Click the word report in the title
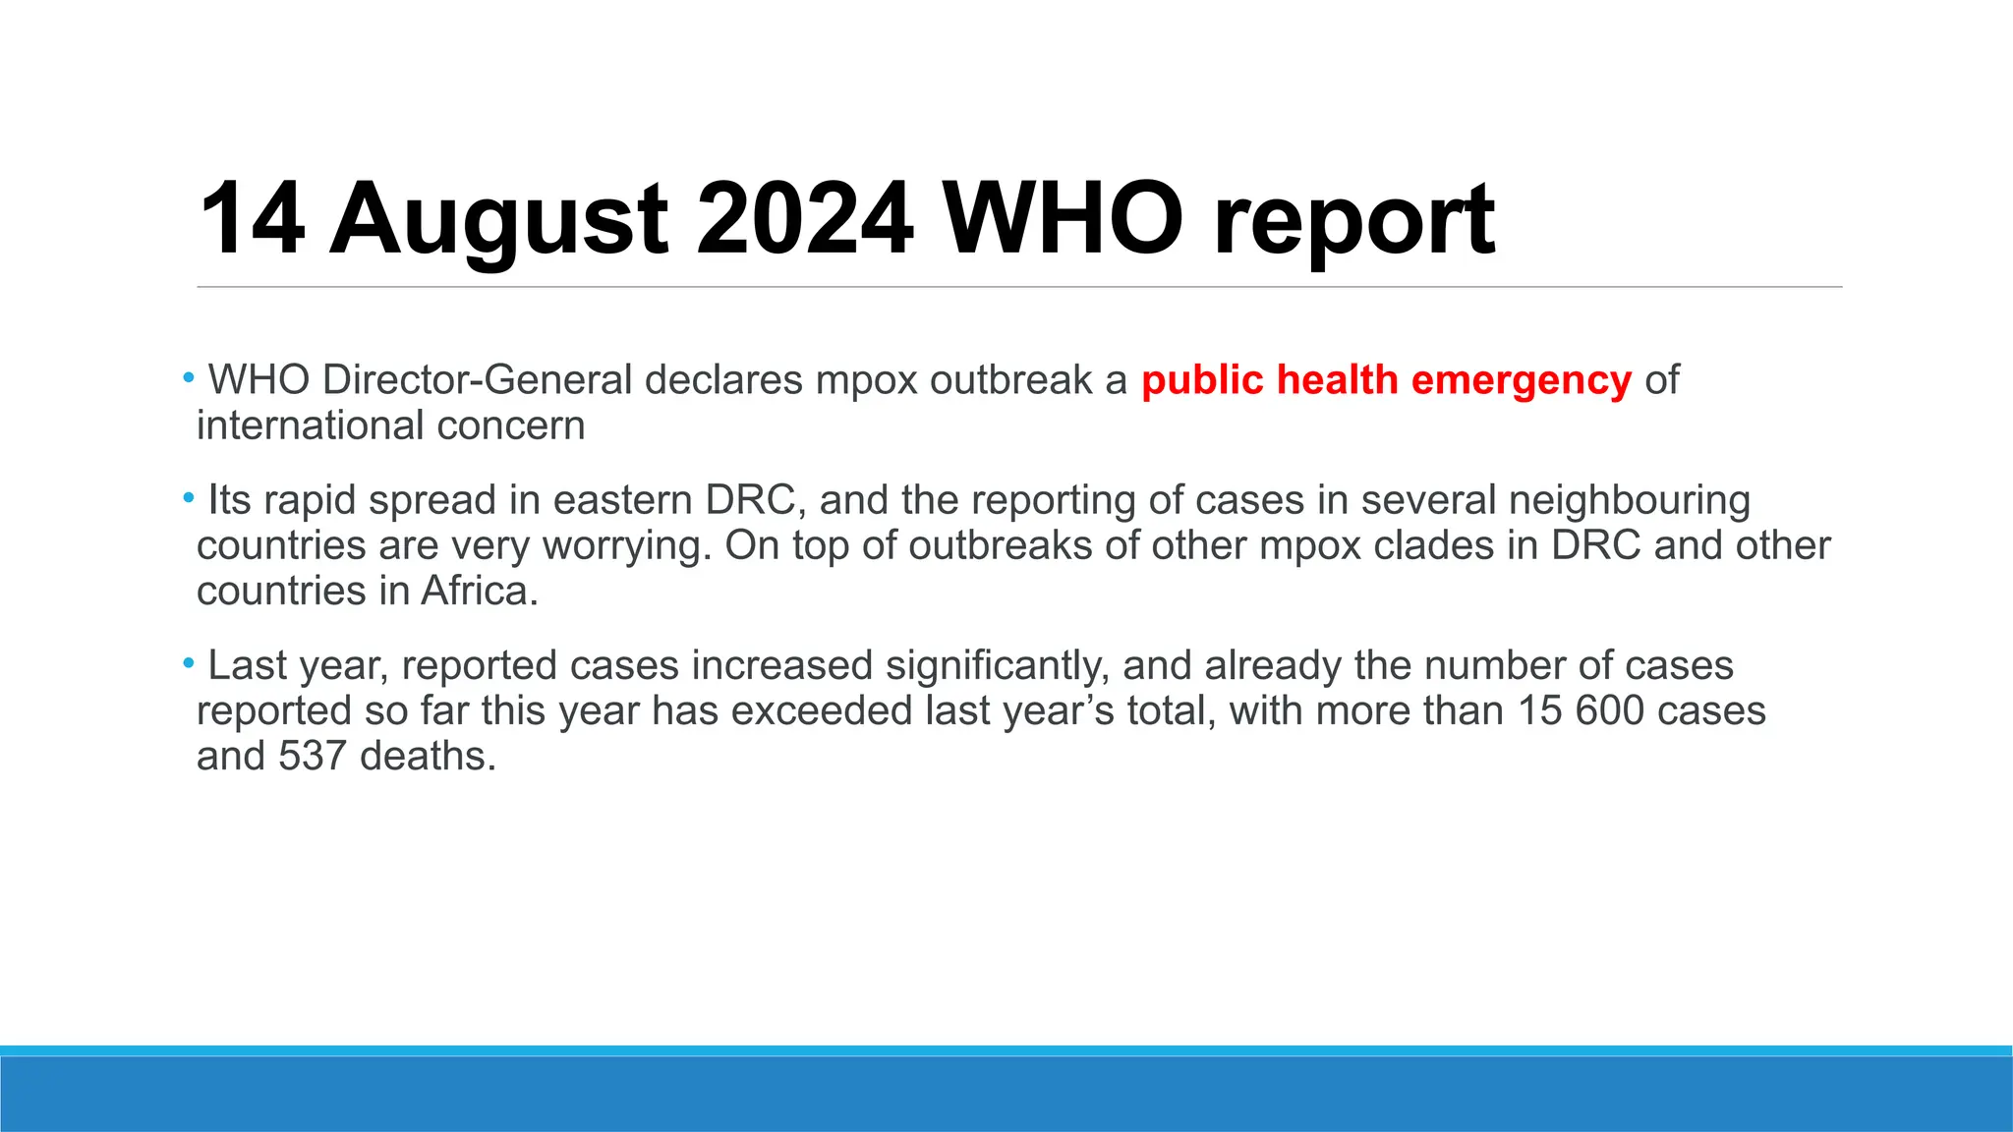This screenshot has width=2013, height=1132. click(1353, 220)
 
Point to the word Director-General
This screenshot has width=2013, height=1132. click(477, 380)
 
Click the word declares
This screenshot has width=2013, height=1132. click(723, 380)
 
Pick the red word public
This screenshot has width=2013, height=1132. click(1202, 380)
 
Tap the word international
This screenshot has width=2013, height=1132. click(310, 425)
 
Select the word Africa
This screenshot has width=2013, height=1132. click(480, 591)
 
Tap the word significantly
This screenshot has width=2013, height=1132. click(998, 665)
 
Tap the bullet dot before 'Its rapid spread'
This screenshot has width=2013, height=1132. click(188, 498)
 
